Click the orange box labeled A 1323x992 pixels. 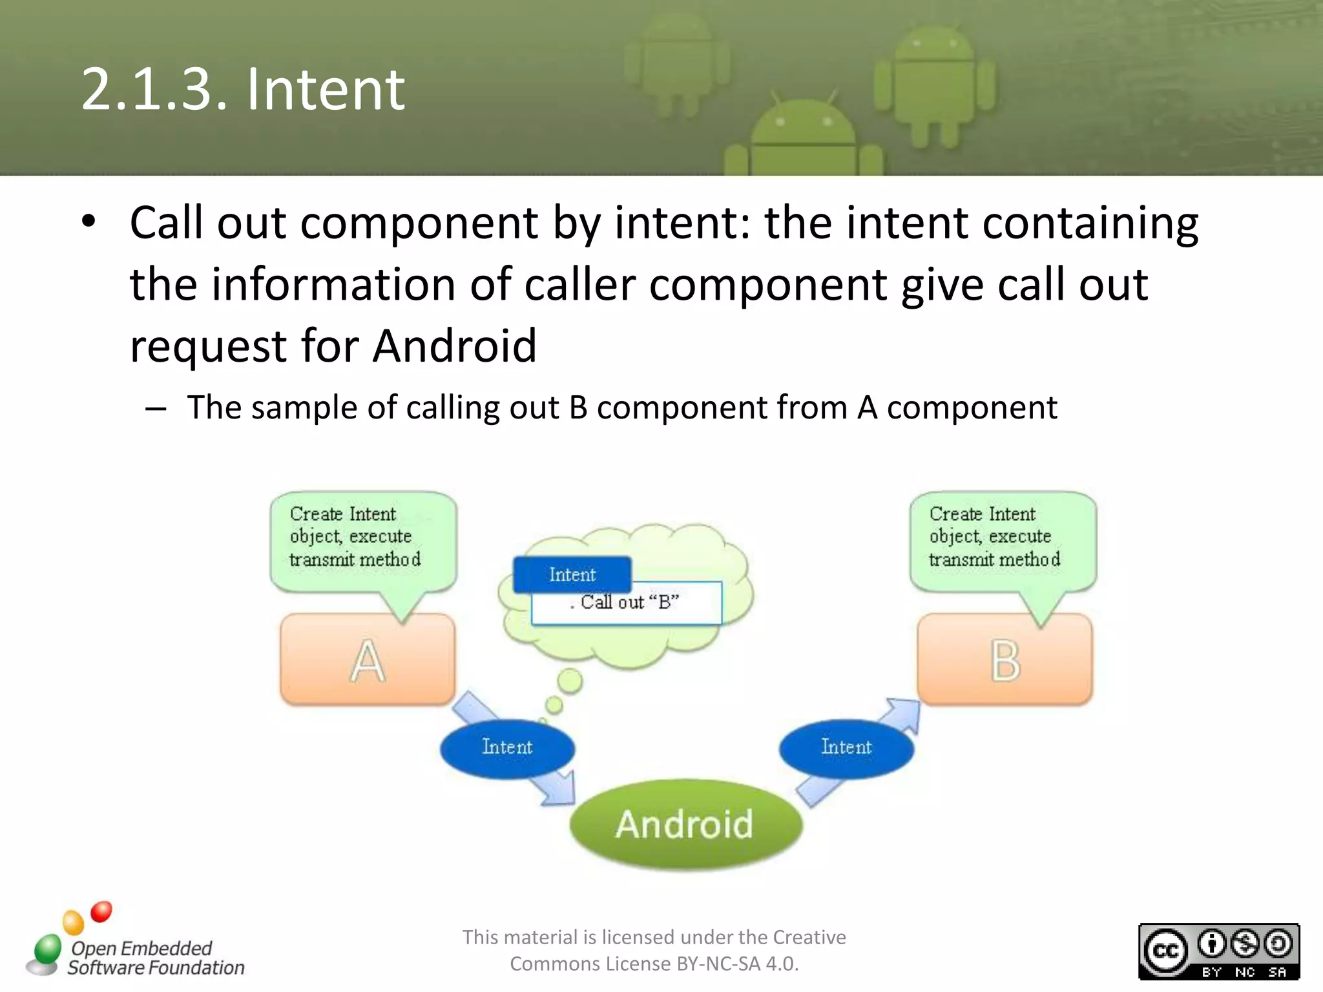[x=367, y=659]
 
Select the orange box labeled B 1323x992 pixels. [x=1005, y=659]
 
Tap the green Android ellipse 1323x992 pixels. [x=685, y=824]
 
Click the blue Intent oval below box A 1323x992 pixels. [x=507, y=748]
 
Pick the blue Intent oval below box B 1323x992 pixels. [x=846, y=748]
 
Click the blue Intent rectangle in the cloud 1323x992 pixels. [x=572, y=574]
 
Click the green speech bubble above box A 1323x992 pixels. [x=363, y=539]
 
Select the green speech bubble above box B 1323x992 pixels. [x=1003, y=539]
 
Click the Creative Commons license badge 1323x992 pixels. [x=1218, y=951]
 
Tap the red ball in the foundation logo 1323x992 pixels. [x=101, y=911]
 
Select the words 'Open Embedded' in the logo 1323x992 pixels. [x=141, y=948]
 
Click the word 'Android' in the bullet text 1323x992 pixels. [x=455, y=346]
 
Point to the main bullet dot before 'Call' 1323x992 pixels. [x=89, y=222]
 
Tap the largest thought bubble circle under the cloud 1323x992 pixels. [x=570, y=681]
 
